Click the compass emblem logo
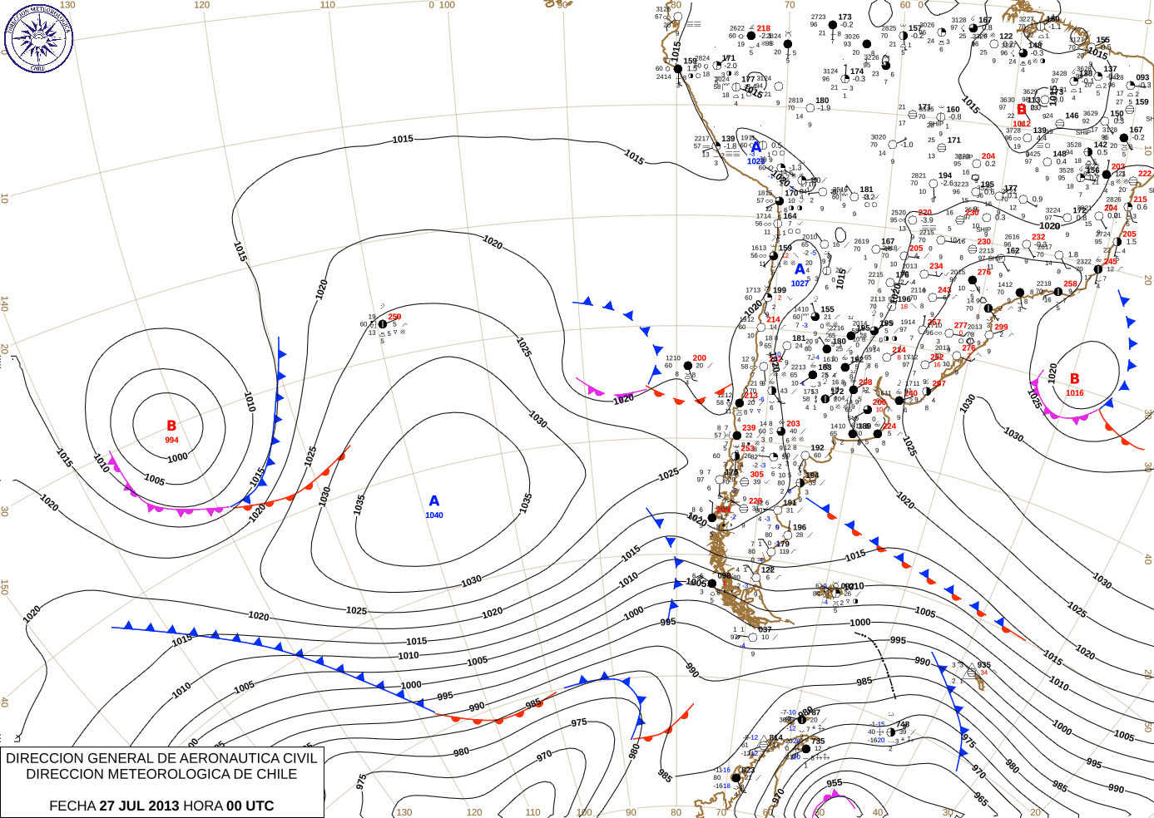pyautogui.click(x=38, y=38)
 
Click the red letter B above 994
pyautogui.click(x=171, y=426)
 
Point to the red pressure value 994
pyautogui.click(x=171, y=440)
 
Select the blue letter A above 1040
pyautogui.click(x=433, y=500)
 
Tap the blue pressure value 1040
pyautogui.click(x=434, y=515)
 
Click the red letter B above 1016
pyautogui.click(x=1074, y=379)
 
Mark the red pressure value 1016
pyautogui.click(x=1075, y=393)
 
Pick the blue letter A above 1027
pyautogui.click(x=800, y=269)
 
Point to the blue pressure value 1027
pyautogui.click(x=800, y=283)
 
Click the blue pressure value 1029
pyautogui.click(x=755, y=161)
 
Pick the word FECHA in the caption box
pyautogui.click(x=72, y=806)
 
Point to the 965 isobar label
pyautogui.click(x=981, y=799)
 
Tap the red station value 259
pyautogui.click(x=394, y=317)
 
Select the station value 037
pyautogui.click(x=765, y=630)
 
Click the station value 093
pyautogui.click(x=1142, y=77)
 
